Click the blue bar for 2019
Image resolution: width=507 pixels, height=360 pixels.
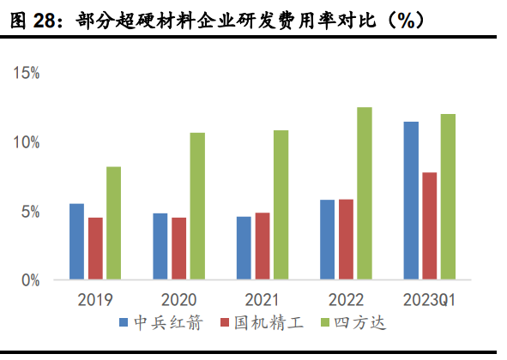pyautogui.click(x=77, y=242)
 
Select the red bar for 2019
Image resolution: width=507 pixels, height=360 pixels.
pyautogui.click(x=95, y=249)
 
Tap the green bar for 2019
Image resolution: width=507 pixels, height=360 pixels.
pyautogui.click(x=113, y=223)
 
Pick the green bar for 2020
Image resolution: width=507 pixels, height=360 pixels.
pyautogui.click(x=197, y=206)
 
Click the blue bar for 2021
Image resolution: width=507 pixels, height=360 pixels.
pyautogui.click(x=244, y=248)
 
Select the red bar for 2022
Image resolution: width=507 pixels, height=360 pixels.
pyautogui.click(x=346, y=239)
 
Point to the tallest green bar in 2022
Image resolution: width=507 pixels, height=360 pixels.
pyautogui.click(x=364, y=194)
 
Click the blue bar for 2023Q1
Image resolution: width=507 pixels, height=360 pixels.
pyautogui.click(x=411, y=201)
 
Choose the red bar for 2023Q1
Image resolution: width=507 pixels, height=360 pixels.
pyautogui.click(x=429, y=226)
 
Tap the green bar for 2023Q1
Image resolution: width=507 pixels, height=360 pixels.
pyautogui.click(x=448, y=197)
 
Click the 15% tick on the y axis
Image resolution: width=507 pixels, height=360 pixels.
pyautogui.click(x=27, y=74)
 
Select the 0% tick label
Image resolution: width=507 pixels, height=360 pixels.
pyautogui.click(x=31, y=280)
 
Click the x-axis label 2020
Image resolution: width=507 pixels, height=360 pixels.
pyautogui.click(x=178, y=300)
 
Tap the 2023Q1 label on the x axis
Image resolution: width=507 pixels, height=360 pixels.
pyautogui.click(x=429, y=300)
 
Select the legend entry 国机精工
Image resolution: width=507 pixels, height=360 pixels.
pyautogui.click(x=263, y=323)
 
